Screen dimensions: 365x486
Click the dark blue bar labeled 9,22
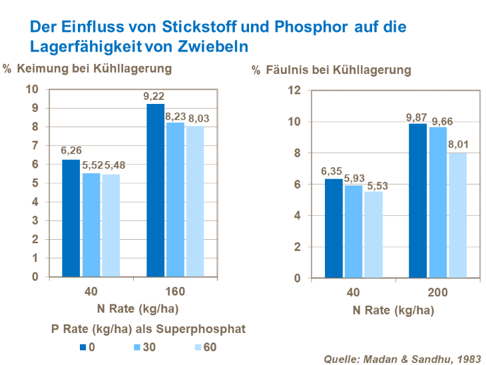(x=155, y=190)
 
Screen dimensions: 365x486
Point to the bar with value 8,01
(x=457, y=216)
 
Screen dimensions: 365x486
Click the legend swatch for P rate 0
(x=83, y=347)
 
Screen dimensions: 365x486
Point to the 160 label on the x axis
(x=175, y=292)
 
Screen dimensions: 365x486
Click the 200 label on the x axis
(x=437, y=292)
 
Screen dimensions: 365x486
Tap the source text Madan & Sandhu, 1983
(x=401, y=359)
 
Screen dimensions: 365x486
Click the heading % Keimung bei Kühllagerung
(x=87, y=68)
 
